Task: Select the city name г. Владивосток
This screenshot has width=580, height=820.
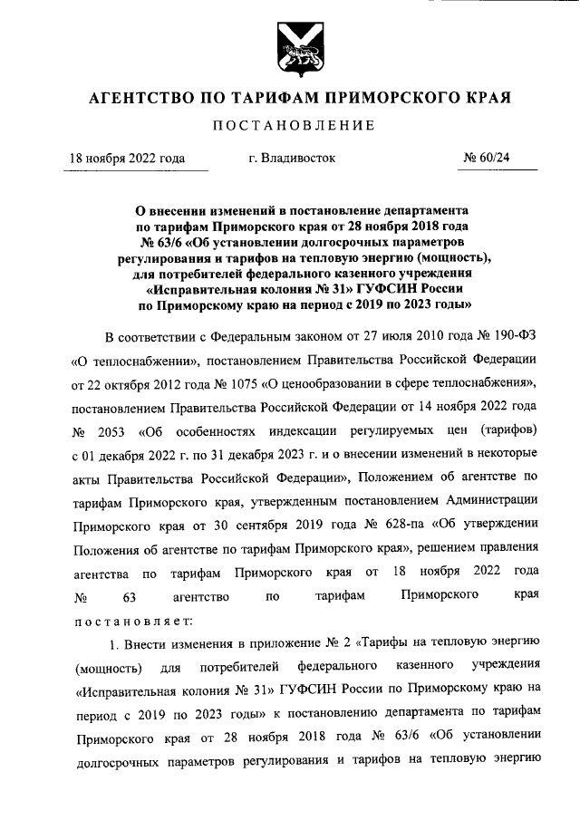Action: (291, 158)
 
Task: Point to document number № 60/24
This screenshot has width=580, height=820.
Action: (487, 158)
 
